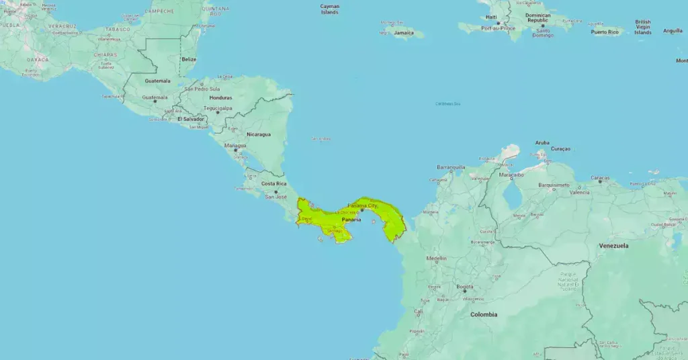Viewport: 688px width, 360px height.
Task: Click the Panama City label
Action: pos(363,205)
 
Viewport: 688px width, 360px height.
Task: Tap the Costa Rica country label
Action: pos(274,183)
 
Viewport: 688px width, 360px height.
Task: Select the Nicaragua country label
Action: pos(259,134)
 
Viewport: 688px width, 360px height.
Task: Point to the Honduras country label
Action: pos(220,97)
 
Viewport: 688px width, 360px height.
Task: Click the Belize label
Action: pos(189,59)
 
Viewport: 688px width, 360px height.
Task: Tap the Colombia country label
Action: pos(484,314)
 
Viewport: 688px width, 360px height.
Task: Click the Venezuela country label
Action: pos(613,246)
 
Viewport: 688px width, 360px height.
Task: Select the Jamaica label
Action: pos(404,32)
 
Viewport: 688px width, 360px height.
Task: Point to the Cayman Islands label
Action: pos(330,9)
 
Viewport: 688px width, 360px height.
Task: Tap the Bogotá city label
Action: pos(465,287)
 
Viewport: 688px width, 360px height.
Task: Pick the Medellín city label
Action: pos(436,258)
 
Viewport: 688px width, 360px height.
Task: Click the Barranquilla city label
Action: pos(451,167)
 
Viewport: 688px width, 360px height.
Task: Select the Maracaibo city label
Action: pos(511,174)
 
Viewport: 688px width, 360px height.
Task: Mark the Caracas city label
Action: pos(600,178)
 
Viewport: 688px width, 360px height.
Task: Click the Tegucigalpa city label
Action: pos(218,107)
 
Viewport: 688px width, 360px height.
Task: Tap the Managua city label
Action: pos(235,145)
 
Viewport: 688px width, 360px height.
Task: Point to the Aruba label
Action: pos(542,142)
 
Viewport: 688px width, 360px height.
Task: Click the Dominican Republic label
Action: pos(537,17)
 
